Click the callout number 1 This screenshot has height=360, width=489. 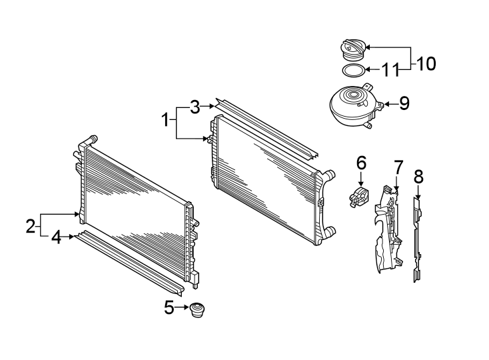[x=164, y=121]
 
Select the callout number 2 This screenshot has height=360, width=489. [x=30, y=225]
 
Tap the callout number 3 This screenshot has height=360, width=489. [x=194, y=106]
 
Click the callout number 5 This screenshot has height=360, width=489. [x=169, y=307]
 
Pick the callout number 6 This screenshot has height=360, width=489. [x=361, y=162]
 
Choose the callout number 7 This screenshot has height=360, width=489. [x=398, y=166]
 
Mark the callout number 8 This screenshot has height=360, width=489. [x=418, y=177]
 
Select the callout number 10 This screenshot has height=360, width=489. [x=426, y=63]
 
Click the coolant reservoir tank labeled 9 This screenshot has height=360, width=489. [x=354, y=105]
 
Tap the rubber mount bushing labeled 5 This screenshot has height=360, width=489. [x=198, y=311]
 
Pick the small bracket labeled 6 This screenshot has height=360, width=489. [x=359, y=198]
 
